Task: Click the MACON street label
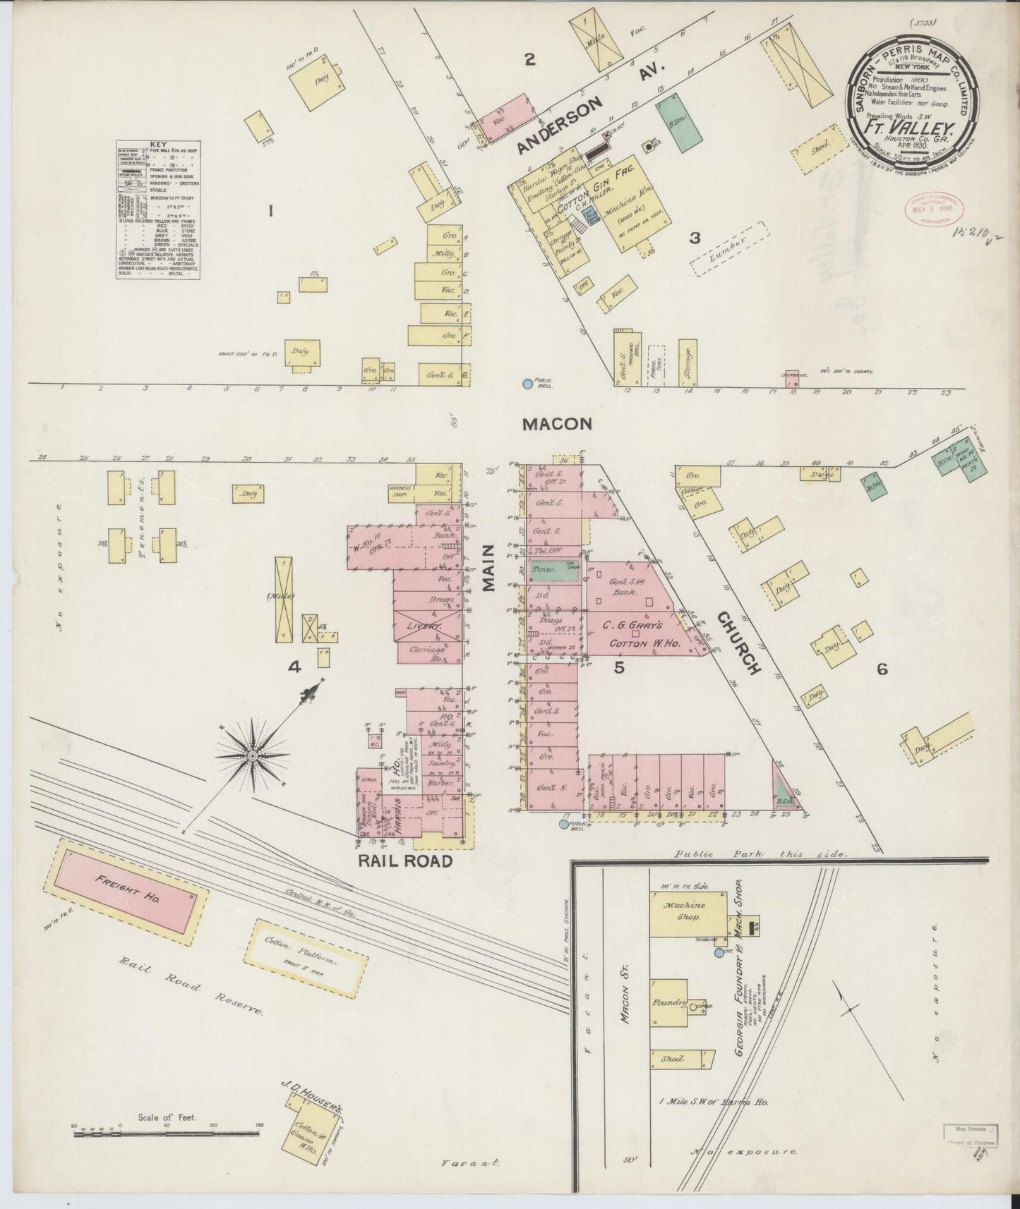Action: click(556, 424)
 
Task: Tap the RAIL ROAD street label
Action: click(404, 861)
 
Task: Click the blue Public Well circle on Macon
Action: click(527, 384)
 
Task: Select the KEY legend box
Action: click(158, 209)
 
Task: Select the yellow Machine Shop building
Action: click(688, 914)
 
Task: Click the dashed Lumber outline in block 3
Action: click(729, 248)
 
